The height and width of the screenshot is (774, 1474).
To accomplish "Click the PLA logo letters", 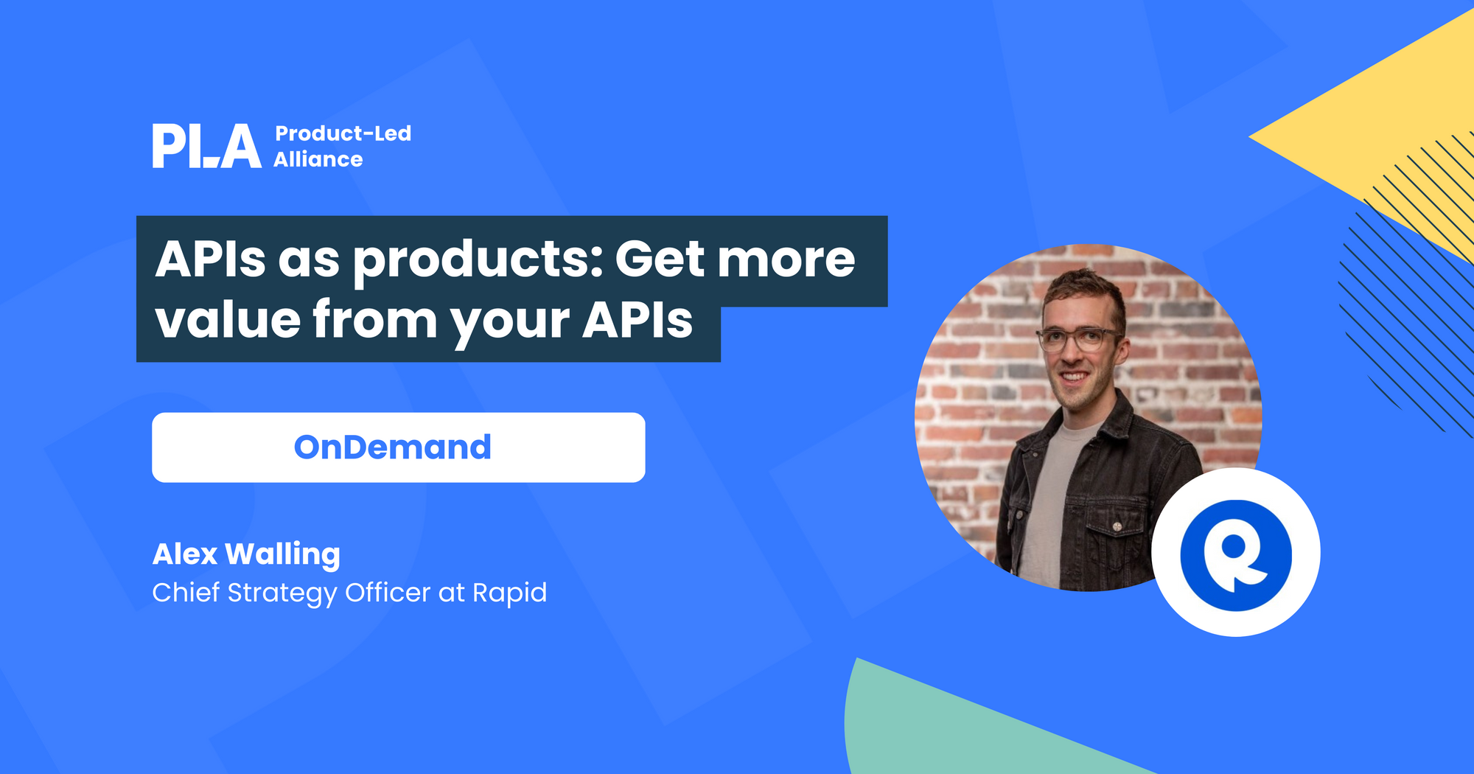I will click(206, 146).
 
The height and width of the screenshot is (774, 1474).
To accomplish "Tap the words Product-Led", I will click(343, 133).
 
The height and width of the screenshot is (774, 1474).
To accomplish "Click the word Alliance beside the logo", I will click(318, 159).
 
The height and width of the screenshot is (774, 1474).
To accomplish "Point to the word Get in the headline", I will click(660, 259).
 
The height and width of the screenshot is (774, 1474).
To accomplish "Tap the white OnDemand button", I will click(398, 447).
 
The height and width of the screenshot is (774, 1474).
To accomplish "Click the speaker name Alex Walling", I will click(246, 554).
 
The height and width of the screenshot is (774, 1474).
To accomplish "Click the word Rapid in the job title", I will click(509, 593).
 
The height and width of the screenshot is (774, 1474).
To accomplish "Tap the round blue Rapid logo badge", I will click(1235, 553).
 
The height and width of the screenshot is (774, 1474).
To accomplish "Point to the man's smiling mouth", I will click(1074, 377).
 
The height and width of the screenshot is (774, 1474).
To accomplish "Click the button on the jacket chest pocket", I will click(1117, 526).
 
